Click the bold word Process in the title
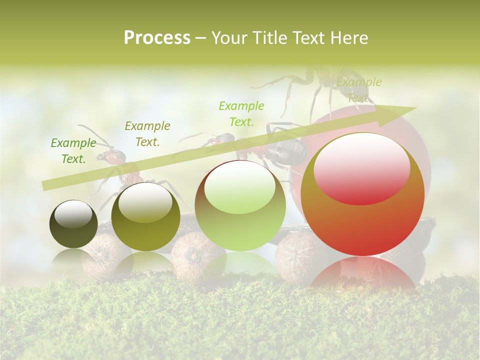[x=157, y=37]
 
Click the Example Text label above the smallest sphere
[x=73, y=151]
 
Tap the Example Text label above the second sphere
[x=147, y=134]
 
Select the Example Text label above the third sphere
[x=241, y=113]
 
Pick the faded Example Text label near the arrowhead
[x=358, y=90]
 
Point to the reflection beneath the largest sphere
[x=362, y=272]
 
